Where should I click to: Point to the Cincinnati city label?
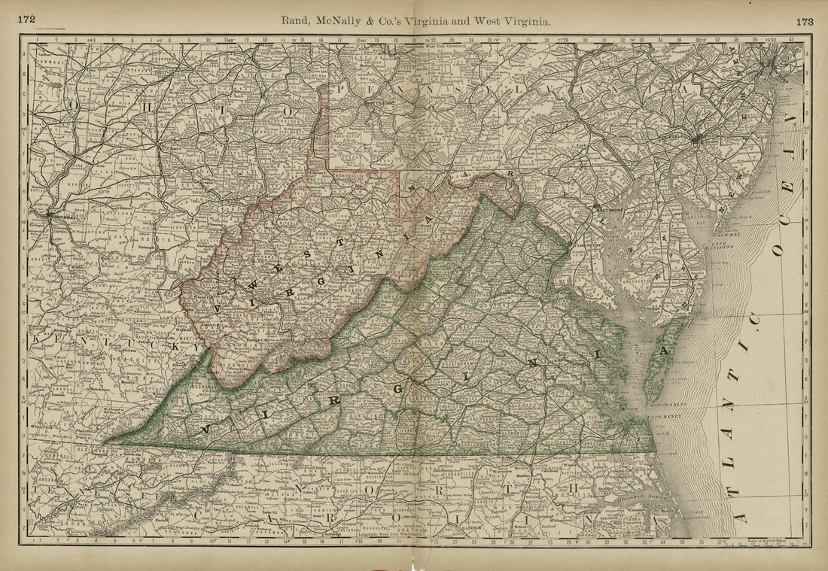point(65,214)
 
